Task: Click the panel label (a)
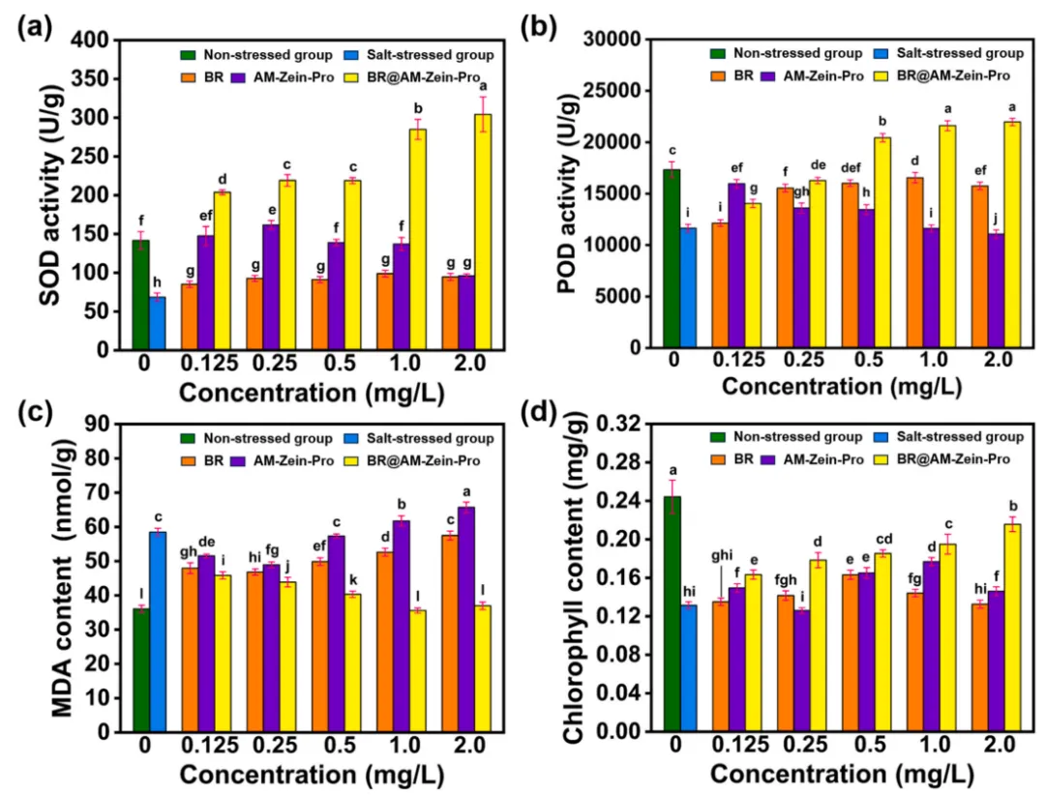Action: (34, 27)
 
